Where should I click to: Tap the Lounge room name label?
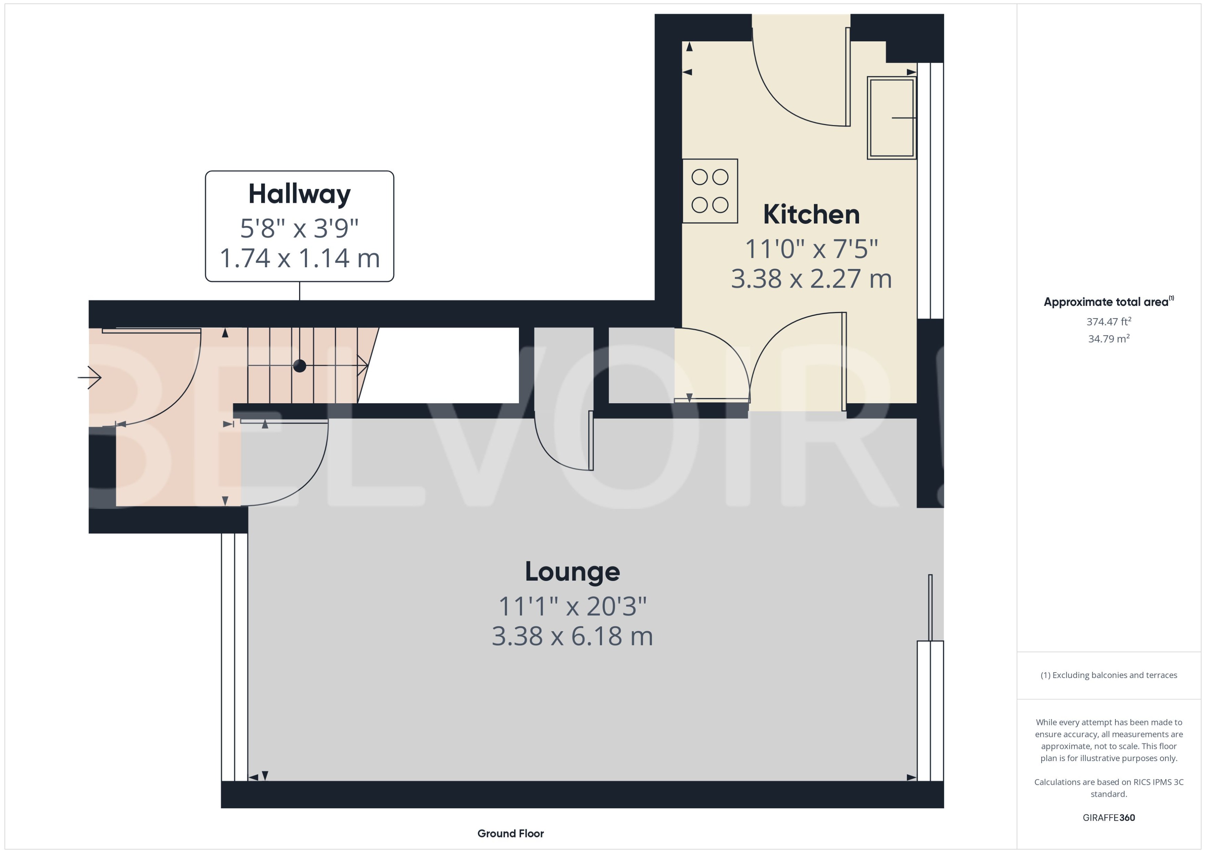pos(572,571)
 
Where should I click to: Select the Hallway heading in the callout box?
pos(299,194)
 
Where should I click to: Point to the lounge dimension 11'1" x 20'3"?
pos(572,606)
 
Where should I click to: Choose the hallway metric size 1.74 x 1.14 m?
pos(299,258)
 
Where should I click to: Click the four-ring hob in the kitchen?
pos(709,191)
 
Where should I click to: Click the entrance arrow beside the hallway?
pos(90,377)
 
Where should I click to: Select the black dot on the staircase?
pos(299,366)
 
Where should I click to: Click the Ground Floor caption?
pos(510,833)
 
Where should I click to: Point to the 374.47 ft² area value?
pos(1108,321)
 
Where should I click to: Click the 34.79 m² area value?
pos(1108,339)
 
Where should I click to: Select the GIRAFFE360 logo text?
pos(1108,817)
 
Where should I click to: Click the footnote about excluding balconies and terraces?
pos(1108,675)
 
